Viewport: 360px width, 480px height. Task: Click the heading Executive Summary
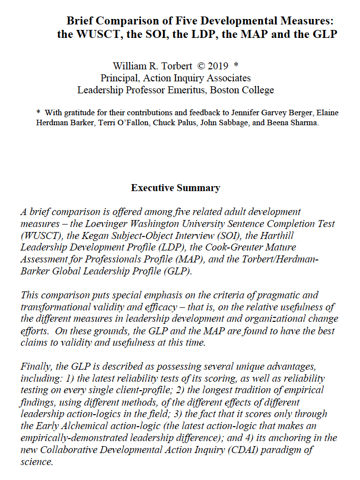pos(175,188)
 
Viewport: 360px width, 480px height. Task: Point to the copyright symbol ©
pos(201,66)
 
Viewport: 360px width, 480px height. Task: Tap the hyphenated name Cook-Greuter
pos(234,247)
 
